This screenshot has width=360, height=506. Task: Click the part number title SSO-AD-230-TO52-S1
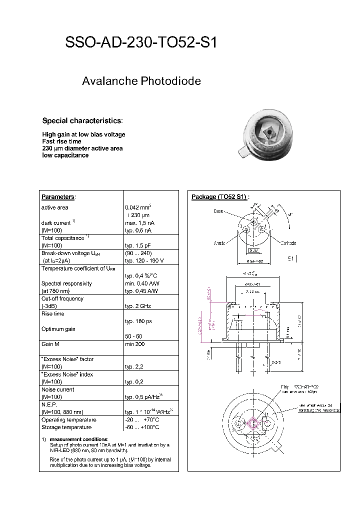[x=141, y=43]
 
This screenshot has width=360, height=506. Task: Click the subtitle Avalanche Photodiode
[x=141, y=81]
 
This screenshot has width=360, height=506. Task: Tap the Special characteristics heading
[x=81, y=121]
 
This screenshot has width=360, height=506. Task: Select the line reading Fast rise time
[x=61, y=141]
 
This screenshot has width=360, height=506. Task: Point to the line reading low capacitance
[x=65, y=155]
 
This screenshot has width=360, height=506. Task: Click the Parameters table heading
[x=57, y=197]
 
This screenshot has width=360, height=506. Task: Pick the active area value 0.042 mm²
[x=138, y=207]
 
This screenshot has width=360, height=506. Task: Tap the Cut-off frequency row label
[x=62, y=298]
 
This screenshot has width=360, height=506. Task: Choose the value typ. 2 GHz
[x=138, y=306]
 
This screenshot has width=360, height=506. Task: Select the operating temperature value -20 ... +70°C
[x=142, y=420]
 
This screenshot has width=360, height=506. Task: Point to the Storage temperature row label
[x=66, y=427]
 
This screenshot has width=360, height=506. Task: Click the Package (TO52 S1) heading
[x=220, y=197]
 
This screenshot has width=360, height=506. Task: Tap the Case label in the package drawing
[x=218, y=211]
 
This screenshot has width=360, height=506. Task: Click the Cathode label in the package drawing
[x=288, y=243]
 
